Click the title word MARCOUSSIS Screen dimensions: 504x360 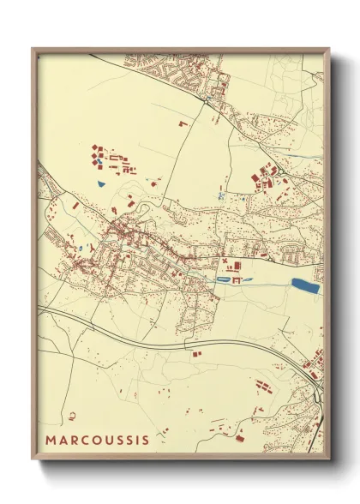98,441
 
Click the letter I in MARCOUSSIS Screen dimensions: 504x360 135,441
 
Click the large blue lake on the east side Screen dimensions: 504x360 305,285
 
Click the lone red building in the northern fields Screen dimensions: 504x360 182,123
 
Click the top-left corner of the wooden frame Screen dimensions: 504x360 33,49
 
